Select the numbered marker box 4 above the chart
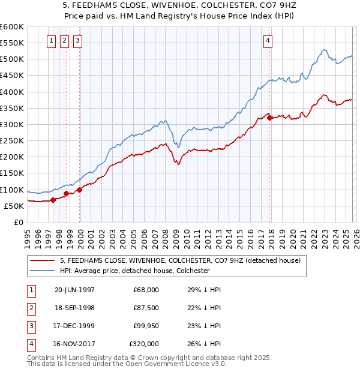268,41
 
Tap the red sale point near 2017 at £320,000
270,118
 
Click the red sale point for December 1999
80,190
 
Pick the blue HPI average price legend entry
134,271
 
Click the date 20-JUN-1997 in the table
74,290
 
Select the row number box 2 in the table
31,308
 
